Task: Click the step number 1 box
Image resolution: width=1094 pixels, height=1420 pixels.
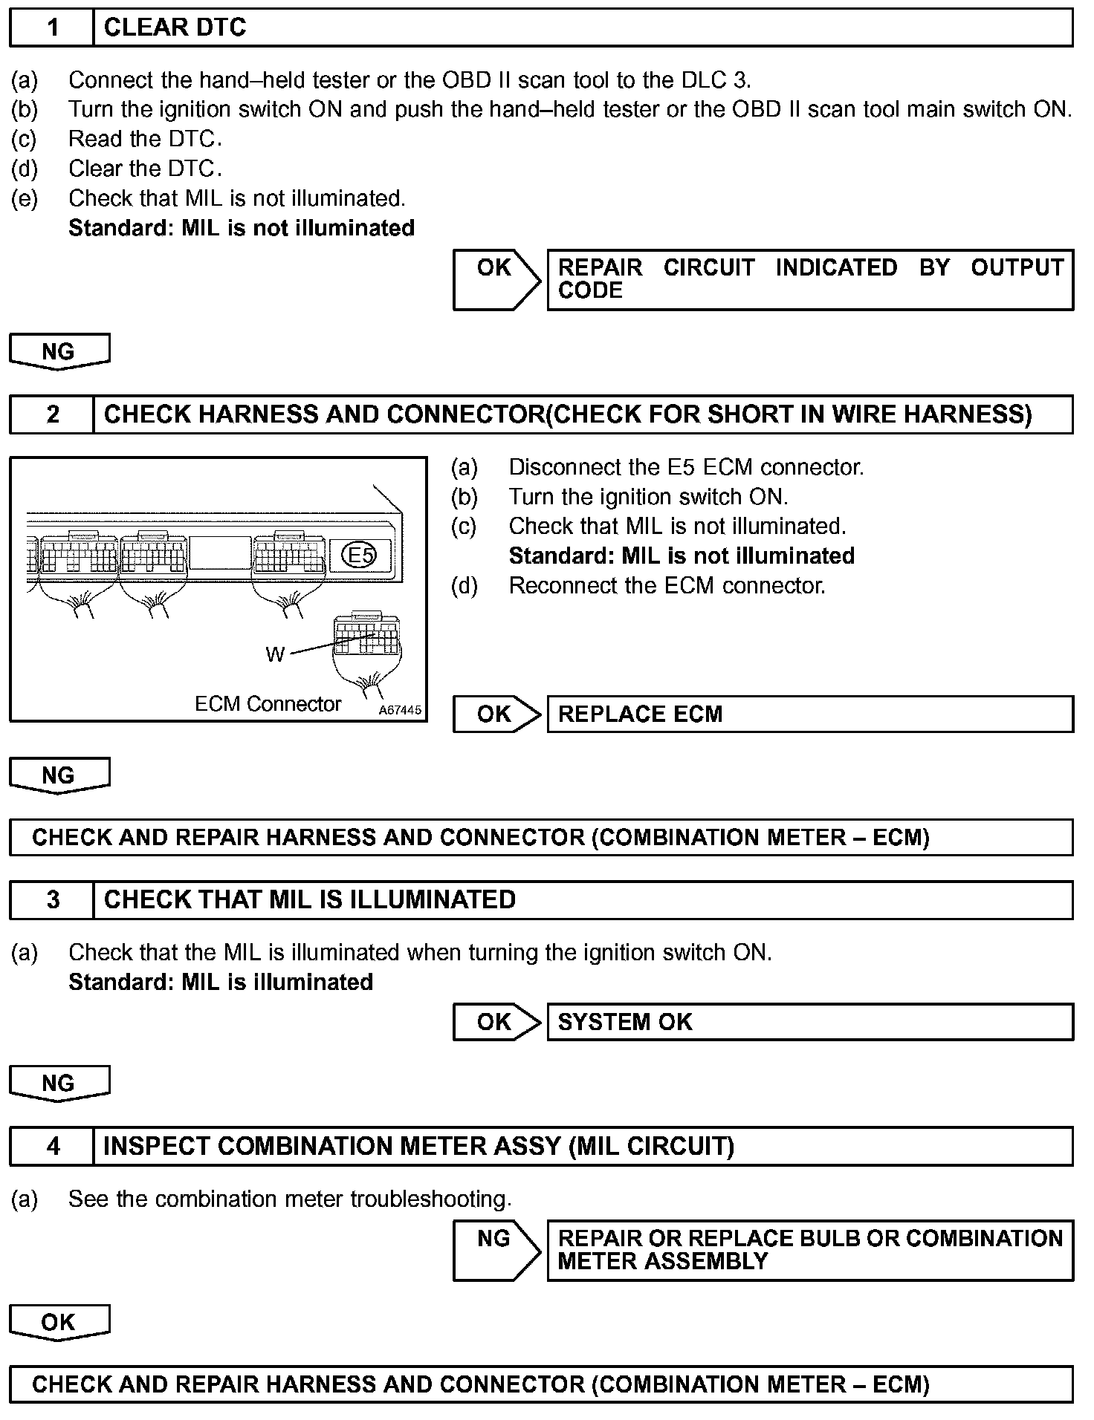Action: pos(52,28)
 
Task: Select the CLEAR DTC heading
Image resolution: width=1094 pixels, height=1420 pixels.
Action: pos(175,28)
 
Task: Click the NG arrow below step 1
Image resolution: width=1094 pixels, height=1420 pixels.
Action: pos(59,351)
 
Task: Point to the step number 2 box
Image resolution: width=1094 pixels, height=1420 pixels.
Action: pos(52,414)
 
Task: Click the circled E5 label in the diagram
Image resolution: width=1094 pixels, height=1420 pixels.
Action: pos(360,555)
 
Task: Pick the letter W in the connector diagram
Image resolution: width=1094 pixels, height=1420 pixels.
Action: pos(274,654)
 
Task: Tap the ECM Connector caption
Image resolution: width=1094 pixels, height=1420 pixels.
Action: pos(268,704)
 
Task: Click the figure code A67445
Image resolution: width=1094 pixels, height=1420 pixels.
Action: pos(400,710)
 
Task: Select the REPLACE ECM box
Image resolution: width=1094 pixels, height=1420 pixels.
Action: pos(810,714)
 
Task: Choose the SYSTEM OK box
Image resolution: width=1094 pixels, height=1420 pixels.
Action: pos(810,1023)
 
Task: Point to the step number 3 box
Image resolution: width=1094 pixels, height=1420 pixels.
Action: pos(52,900)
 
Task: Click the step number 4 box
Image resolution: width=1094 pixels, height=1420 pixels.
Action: pos(52,1147)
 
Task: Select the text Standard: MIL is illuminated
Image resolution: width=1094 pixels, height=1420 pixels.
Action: pos(221,983)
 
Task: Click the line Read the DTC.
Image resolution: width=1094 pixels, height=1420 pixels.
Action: pos(145,140)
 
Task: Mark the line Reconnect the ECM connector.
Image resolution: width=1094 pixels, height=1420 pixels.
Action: pos(667,586)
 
